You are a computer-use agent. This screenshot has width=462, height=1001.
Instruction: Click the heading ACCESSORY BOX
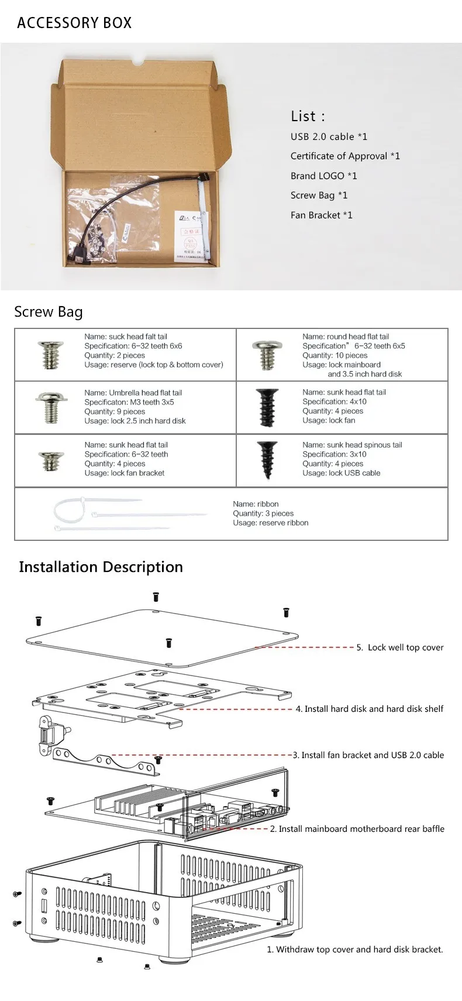tap(74, 23)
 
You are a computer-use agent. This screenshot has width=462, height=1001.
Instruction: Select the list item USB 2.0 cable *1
tap(329, 136)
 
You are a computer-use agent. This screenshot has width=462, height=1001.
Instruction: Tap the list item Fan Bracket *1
tap(321, 215)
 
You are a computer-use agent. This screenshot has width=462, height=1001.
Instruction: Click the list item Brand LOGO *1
tap(323, 176)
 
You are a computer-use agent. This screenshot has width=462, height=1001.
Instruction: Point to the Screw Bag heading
tap(49, 311)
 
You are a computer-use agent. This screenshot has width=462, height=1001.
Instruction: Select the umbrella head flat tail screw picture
tap(46, 407)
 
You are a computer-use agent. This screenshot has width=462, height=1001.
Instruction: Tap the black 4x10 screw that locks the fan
tap(267, 407)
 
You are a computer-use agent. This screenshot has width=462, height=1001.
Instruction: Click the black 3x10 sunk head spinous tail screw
tap(267, 460)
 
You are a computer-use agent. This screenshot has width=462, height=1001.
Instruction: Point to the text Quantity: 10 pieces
tap(335, 355)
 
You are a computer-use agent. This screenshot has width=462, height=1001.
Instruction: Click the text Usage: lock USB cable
tap(341, 473)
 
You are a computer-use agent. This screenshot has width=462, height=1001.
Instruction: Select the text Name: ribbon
tap(256, 504)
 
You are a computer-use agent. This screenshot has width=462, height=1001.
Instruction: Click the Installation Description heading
tap(101, 567)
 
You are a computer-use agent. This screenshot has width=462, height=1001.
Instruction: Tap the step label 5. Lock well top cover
tap(400, 647)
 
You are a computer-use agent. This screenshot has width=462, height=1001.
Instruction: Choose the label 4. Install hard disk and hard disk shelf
tap(369, 709)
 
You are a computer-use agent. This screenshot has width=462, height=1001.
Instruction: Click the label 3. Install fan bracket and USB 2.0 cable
tap(368, 755)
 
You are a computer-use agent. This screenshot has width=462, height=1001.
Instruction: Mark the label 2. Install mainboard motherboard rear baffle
tap(357, 829)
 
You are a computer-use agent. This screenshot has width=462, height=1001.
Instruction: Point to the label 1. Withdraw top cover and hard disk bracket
tap(355, 949)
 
